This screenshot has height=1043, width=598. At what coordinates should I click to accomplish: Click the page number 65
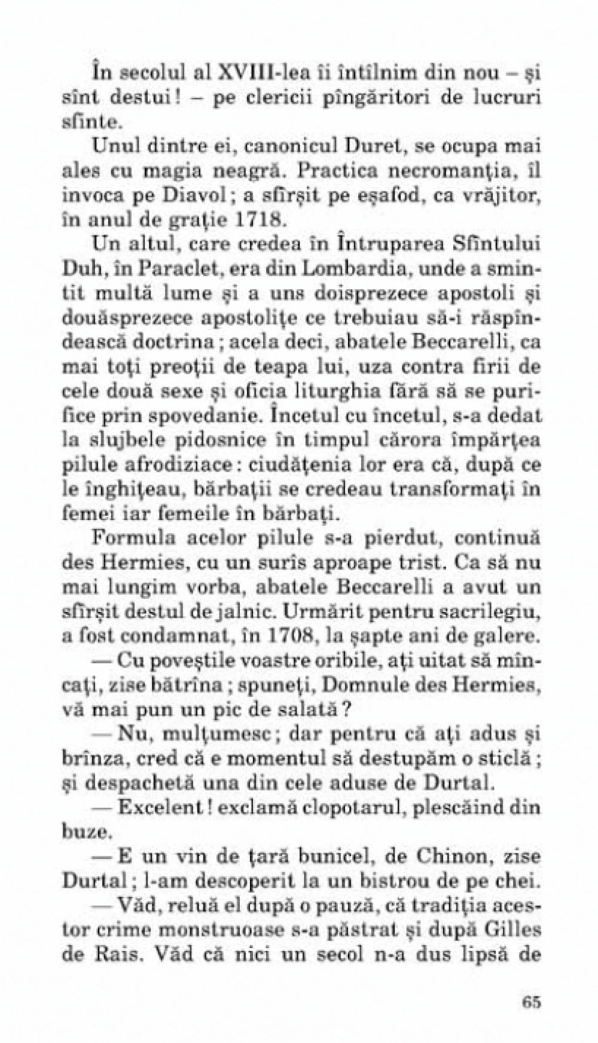530,1001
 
